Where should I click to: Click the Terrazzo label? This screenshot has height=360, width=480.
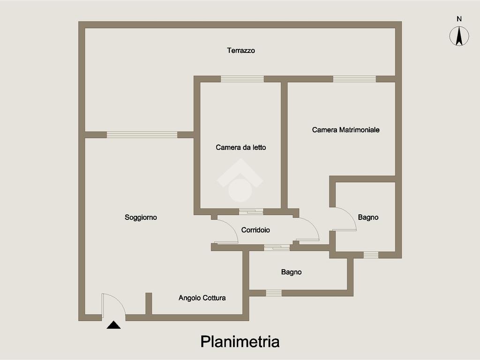(241, 51)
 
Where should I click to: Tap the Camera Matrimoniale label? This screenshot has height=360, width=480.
(345, 130)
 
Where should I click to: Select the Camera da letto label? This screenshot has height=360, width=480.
(240, 148)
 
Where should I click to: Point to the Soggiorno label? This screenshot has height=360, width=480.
(141, 217)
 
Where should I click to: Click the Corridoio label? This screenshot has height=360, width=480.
(255, 230)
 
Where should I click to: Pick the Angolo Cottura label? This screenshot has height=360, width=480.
(202, 298)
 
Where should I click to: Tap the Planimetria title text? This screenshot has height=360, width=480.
(240, 341)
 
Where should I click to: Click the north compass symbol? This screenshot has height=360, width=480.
(459, 37)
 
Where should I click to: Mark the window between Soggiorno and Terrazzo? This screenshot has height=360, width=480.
(142, 135)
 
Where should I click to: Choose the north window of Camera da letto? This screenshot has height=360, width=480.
(242, 79)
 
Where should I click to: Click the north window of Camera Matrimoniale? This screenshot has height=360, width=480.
(354, 79)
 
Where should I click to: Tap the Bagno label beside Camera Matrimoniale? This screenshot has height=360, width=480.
(368, 217)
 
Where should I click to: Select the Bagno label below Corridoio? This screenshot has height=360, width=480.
(291, 272)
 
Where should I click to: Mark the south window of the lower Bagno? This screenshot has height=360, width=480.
(274, 293)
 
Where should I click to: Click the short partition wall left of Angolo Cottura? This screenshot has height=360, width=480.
(149, 304)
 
